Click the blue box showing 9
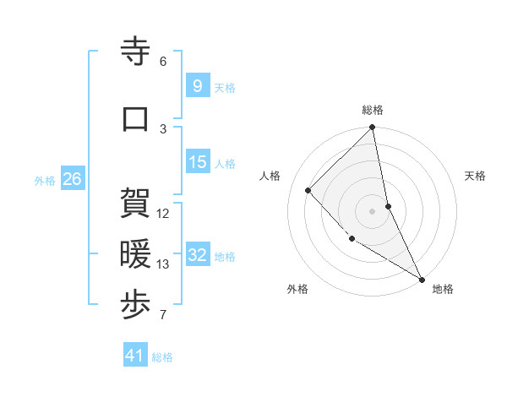[197, 86]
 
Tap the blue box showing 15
[197, 162]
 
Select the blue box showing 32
[197, 255]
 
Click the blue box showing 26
[72, 179]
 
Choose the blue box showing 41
[135, 356]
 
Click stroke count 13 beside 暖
[163, 264]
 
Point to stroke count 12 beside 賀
[163, 214]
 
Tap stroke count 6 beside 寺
[163, 62]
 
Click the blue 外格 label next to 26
[45, 180]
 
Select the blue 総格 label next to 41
[162, 357]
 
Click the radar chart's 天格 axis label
[476, 176]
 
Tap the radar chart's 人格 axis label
[270, 176]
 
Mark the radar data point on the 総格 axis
[373, 128]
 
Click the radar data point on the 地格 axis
[422, 279]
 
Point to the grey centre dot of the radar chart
[373, 211]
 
